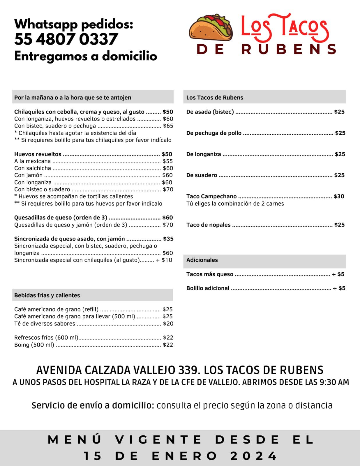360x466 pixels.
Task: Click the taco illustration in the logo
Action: [211, 28]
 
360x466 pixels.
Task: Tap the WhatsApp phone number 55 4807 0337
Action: [66, 39]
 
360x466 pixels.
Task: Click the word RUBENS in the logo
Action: [289, 49]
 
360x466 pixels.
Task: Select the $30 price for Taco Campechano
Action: [339, 197]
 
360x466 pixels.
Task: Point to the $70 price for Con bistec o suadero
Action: [168, 190]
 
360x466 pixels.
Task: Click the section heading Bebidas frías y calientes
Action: [47, 295]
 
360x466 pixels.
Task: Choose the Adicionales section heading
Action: [202, 260]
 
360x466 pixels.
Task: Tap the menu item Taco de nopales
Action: [209, 225]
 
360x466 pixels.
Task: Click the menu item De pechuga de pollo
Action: [214, 133]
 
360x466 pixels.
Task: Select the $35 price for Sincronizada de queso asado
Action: [168, 239]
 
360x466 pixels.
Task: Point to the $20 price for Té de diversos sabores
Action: [168, 324]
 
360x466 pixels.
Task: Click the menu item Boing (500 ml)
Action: [34, 345]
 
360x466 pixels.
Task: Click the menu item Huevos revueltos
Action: [38, 154]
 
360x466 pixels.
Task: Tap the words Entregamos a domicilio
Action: [86, 56]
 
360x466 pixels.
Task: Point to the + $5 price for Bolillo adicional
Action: [339, 288]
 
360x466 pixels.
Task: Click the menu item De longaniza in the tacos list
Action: [204, 154]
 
